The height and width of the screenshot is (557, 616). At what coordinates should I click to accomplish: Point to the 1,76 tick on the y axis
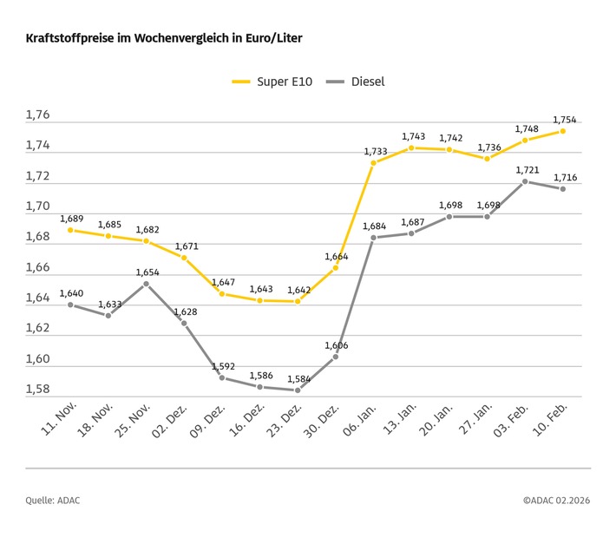37,115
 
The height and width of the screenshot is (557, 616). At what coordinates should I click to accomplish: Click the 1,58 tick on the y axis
37,390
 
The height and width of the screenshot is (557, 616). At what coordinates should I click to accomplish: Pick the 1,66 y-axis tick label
37,268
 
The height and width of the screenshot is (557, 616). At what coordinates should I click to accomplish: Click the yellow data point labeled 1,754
562,131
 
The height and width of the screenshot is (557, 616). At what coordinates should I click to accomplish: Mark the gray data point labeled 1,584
298,390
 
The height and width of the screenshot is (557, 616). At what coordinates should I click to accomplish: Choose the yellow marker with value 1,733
373,163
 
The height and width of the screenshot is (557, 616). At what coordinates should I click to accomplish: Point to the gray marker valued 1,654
146,284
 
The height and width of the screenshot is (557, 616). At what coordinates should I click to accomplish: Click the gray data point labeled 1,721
525,181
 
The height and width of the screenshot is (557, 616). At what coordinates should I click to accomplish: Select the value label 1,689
71,219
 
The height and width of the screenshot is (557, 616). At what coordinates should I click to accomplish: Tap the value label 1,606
337,345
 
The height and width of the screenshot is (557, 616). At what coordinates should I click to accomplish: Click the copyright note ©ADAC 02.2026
556,501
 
